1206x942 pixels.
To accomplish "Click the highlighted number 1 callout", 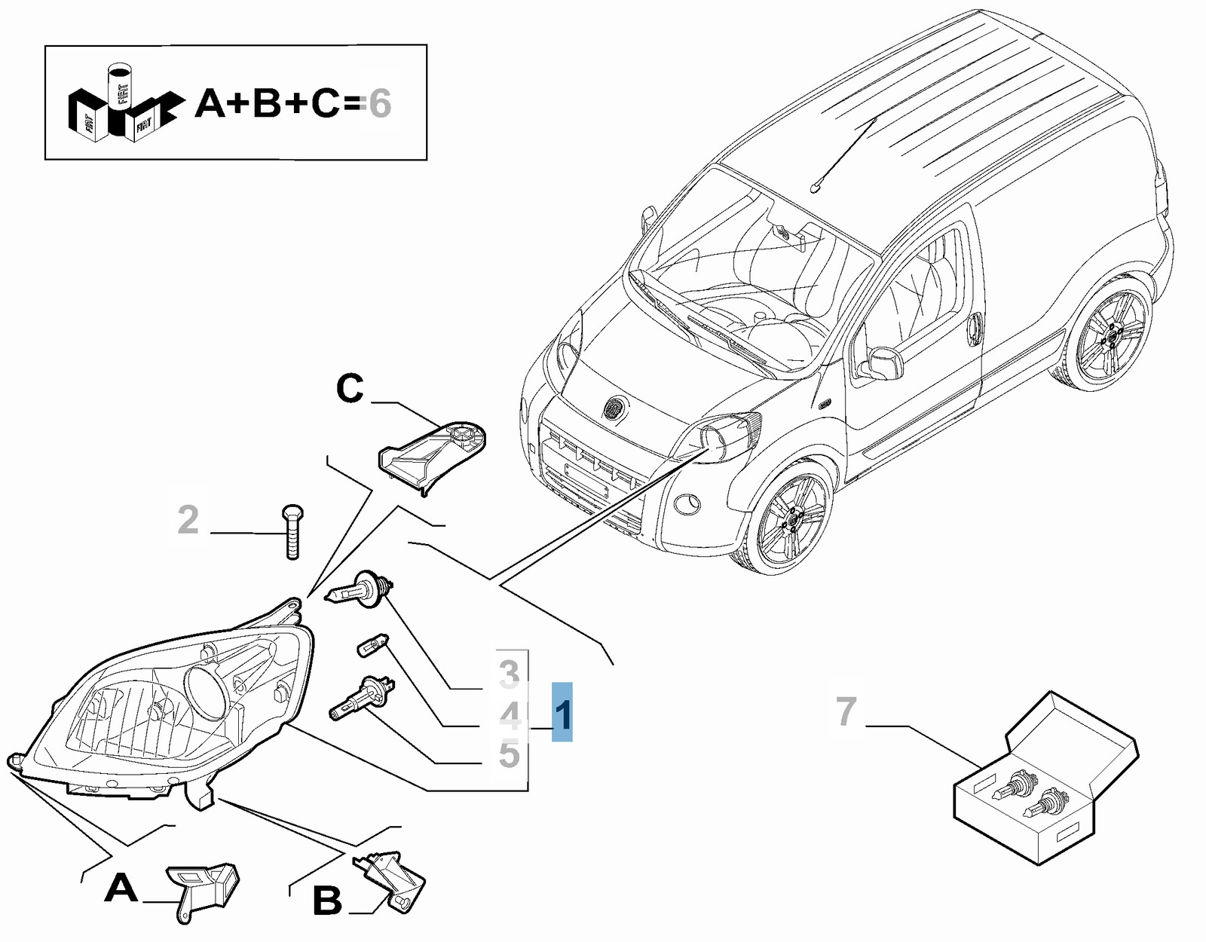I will click(x=562, y=712).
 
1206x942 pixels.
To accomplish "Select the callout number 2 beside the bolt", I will click(x=188, y=520).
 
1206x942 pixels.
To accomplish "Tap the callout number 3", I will click(x=510, y=673).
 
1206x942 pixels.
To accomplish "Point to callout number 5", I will click(x=510, y=754).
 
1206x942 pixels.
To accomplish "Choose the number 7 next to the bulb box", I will click(x=846, y=711).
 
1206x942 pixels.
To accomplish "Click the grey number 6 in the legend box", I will click(x=380, y=103).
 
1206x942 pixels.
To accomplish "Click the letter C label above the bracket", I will click(x=350, y=389).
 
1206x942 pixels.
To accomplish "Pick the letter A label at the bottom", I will click(x=121, y=888).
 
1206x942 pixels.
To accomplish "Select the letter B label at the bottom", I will click(x=327, y=901).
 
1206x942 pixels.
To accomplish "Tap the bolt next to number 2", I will click(x=292, y=532).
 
